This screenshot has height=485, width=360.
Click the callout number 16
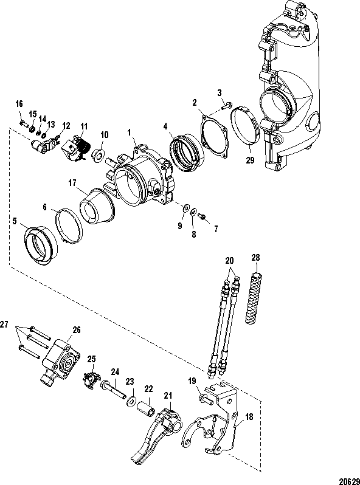[19, 104]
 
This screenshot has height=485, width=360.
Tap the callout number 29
[250, 160]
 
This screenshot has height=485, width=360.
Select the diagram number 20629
[349, 481]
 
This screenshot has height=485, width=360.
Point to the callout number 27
[4, 325]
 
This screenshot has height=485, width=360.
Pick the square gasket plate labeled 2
[215, 136]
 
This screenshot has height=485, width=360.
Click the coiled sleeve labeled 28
[255, 298]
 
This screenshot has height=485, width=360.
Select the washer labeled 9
[187, 207]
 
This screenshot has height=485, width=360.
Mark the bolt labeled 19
[205, 399]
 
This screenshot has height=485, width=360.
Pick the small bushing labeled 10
[99, 155]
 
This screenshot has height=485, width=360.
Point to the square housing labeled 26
[61, 361]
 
